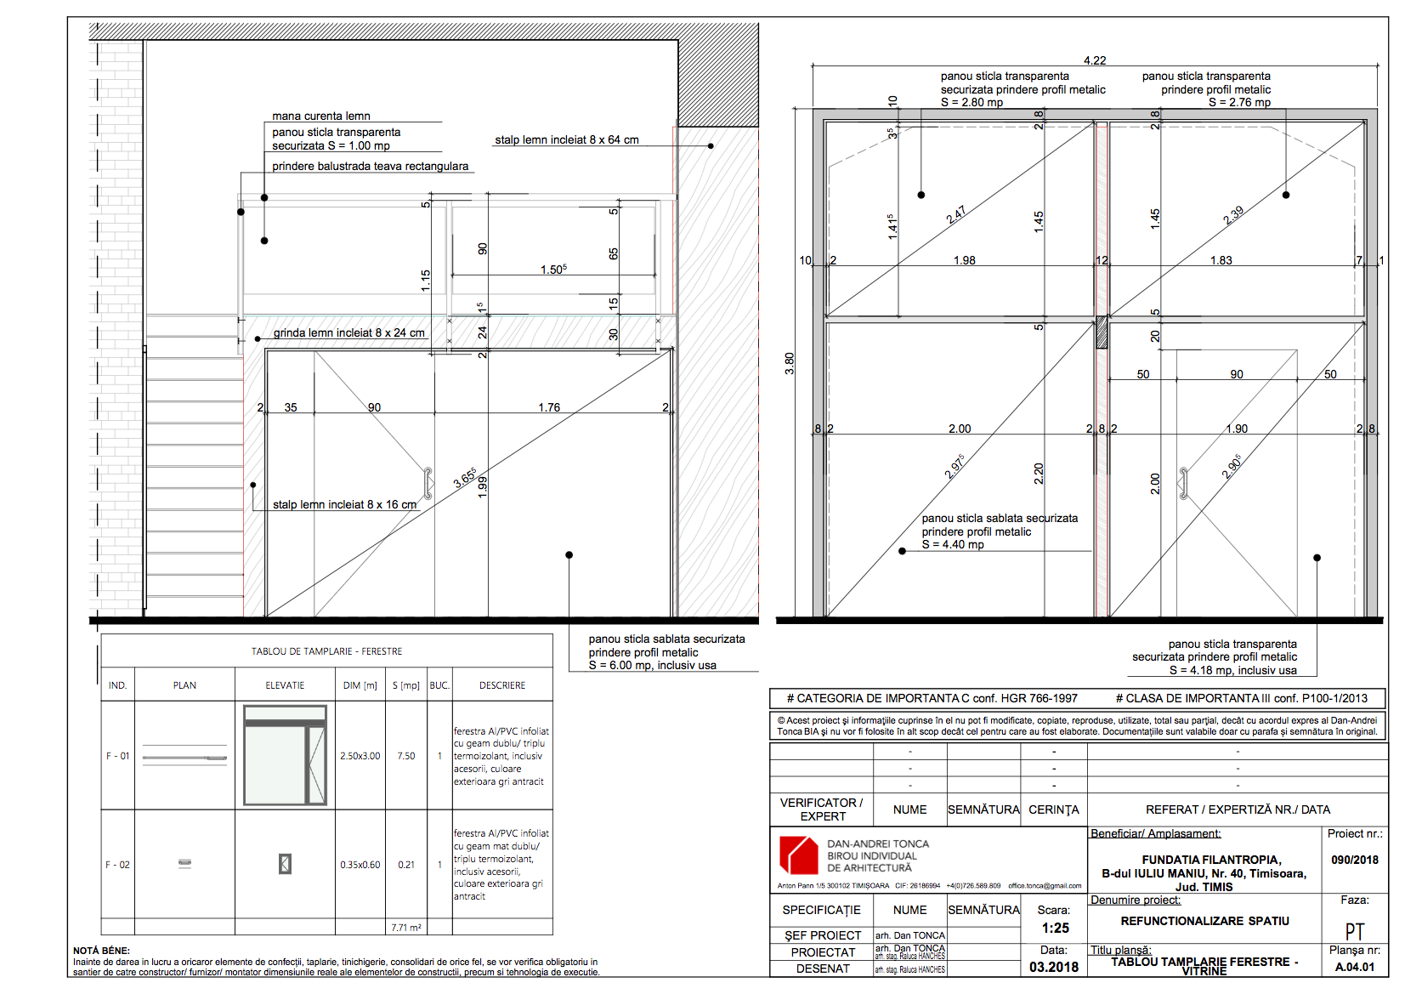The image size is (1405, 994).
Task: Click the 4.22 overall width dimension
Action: click(1095, 60)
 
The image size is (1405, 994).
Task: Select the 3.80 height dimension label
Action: click(790, 363)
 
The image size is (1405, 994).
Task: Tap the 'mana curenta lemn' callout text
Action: click(321, 116)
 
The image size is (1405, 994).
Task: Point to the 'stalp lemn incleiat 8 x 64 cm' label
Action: click(567, 139)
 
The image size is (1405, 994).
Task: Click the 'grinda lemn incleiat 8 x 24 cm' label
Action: click(349, 332)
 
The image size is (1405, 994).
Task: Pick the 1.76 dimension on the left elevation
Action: click(549, 407)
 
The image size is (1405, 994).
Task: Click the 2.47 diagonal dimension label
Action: click(956, 214)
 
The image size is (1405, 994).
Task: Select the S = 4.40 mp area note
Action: click(953, 544)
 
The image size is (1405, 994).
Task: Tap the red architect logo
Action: click(798, 855)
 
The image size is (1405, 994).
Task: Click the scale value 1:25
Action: click(1055, 928)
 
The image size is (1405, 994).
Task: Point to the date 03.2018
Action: click(1054, 967)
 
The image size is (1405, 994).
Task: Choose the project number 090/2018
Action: click(1355, 860)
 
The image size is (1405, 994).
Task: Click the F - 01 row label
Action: click(118, 756)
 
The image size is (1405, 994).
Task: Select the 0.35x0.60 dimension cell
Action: click(360, 865)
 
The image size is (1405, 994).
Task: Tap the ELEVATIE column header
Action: click(285, 685)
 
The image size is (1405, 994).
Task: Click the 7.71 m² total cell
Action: click(406, 928)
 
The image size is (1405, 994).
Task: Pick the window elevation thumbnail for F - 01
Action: click(285, 755)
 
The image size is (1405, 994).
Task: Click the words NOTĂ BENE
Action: click(101, 951)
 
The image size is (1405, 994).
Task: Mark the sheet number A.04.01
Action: click(1355, 967)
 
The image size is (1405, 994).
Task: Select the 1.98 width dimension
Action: click(964, 260)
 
